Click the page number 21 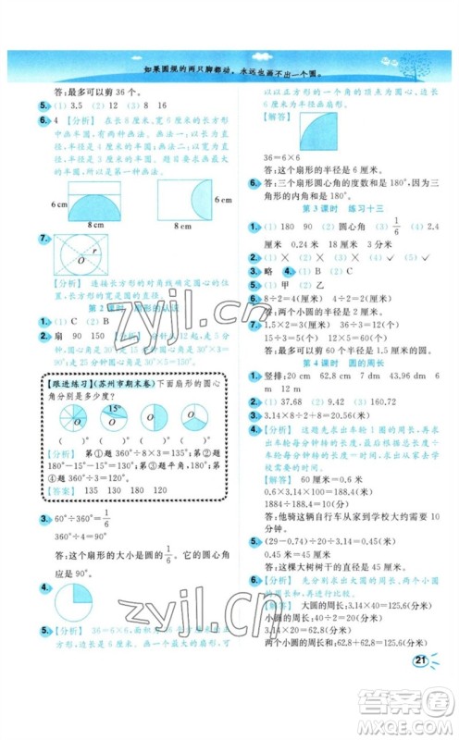coord(421,660)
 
